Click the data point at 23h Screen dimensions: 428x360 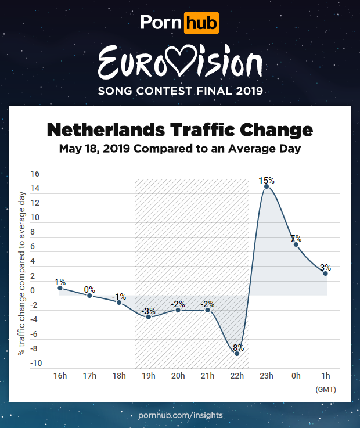[x=267, y=186]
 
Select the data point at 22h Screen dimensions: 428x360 [x=237, y=353]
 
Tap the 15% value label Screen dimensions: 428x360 [x=267, y=181]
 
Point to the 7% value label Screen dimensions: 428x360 [x=296, y=239]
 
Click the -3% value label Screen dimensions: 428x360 [x=149, y=310]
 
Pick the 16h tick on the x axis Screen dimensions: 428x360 [x=60, y=376]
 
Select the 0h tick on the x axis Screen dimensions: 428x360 [x=296, y=376]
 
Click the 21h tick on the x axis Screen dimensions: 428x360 [x=207, y=376]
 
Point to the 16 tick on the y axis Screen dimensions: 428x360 [x=35, y=174]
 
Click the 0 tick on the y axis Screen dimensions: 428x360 [x=35, y=291]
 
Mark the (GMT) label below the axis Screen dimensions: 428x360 [x=325, y=389]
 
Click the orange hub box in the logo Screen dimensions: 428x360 [x=201, y=23]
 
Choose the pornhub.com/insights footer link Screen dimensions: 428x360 [x=180, y=416]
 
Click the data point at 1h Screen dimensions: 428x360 [x=326, y=274]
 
